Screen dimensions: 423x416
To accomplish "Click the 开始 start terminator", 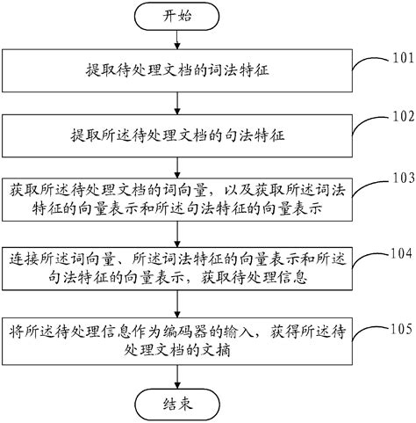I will point(179,17).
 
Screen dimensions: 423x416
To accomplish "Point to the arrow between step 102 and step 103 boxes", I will point(179,169).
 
